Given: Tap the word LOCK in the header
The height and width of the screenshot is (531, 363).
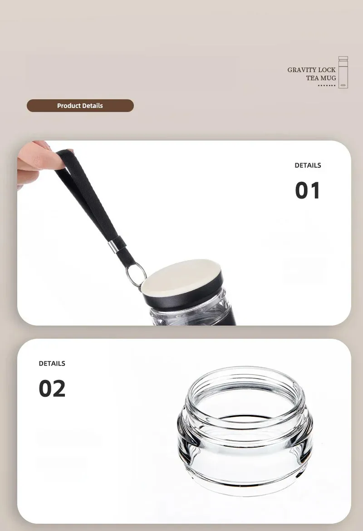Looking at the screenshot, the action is pos(327,70).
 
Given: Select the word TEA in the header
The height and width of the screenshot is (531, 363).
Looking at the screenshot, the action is pos(312,78).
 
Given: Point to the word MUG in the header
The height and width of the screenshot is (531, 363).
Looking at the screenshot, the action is pos(328,78).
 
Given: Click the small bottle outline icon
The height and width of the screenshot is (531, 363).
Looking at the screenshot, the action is pos(343,72).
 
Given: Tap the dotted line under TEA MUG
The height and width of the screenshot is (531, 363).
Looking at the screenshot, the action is pos(327,85).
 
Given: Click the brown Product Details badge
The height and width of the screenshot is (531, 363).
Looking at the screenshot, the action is pos(80,106).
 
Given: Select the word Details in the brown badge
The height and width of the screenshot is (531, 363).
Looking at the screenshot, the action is pos(92,106).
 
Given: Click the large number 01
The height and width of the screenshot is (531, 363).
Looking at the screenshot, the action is pos(307,190).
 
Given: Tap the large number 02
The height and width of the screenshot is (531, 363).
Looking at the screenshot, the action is pos(52,389).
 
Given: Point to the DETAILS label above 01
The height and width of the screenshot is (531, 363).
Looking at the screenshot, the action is pos(308,165).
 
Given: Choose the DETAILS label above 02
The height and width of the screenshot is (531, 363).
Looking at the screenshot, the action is pos(52,363).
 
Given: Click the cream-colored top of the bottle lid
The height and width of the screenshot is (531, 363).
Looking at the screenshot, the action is pos(181,277).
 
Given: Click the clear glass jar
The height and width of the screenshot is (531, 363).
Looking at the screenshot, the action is pos(245,431).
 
